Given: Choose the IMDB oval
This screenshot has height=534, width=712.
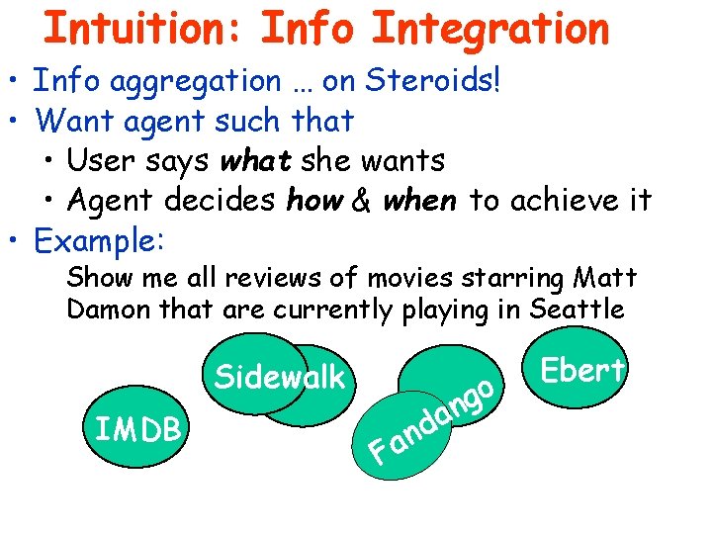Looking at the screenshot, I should [x=137, y=428].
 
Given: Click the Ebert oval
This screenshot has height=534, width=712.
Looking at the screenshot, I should [x=580, y=370].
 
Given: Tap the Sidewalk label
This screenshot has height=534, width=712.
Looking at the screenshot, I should [x=280, y=377].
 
